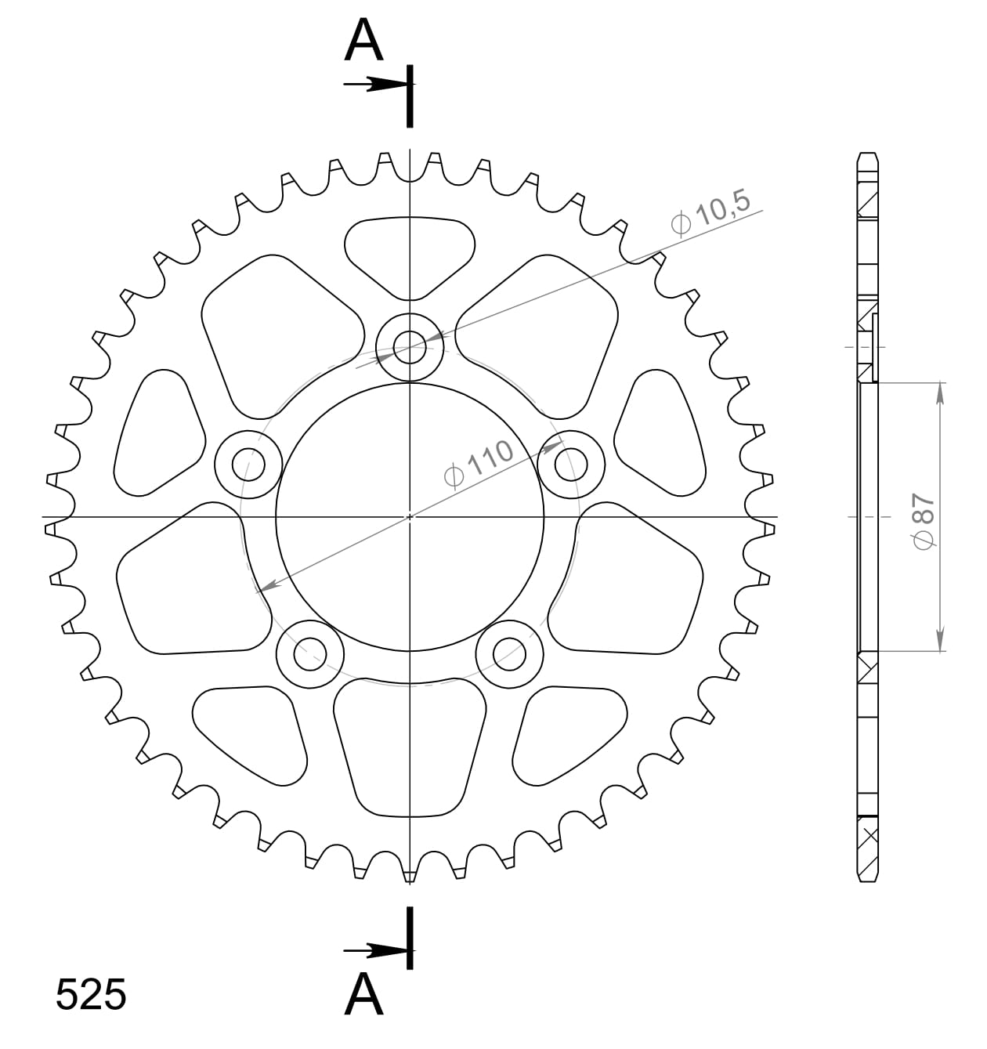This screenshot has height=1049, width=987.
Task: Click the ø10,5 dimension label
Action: point(710,212)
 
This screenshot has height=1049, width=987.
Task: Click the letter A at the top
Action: point(364,42)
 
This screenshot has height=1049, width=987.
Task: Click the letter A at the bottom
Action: point(364,996)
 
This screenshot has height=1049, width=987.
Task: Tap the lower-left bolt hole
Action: point(310,653)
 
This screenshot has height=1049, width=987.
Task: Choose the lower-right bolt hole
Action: point(509,653)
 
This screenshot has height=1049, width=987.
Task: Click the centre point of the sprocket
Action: point(410,517)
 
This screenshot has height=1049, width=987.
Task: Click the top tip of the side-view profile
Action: point(867,154)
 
